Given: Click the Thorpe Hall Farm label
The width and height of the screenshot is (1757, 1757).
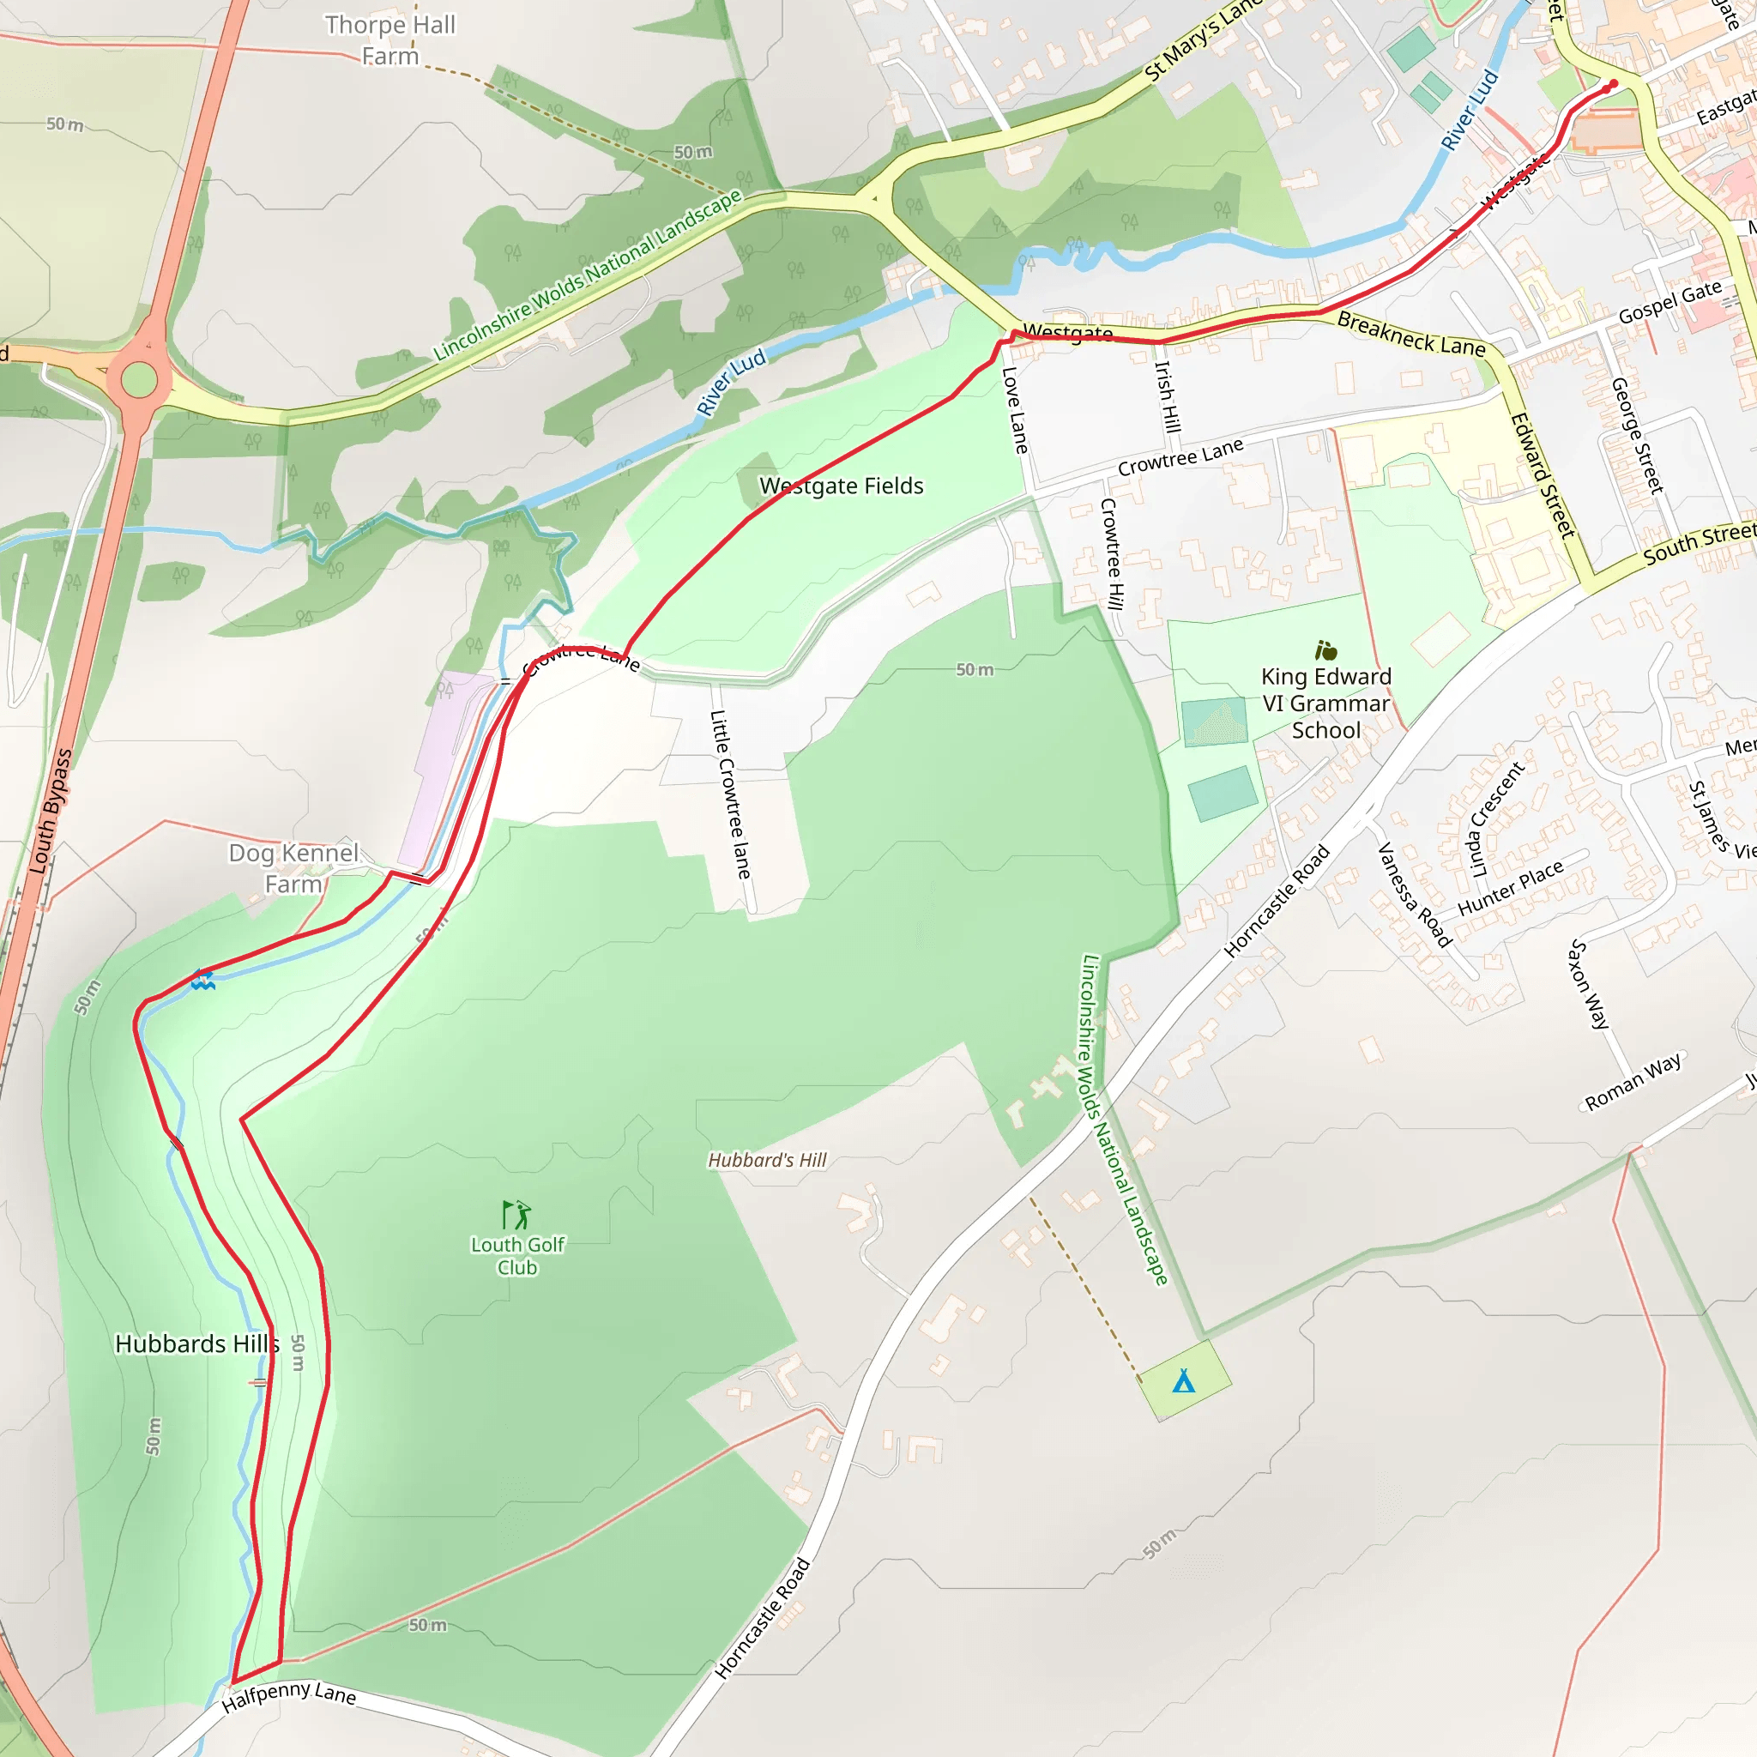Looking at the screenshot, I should tap(390, 41).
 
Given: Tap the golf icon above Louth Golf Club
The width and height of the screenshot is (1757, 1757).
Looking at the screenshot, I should tap(516, 1214).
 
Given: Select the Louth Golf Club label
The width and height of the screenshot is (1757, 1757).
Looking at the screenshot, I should tap(517, 1256).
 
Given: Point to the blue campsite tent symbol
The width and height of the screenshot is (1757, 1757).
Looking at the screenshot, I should tap(1183, 1381).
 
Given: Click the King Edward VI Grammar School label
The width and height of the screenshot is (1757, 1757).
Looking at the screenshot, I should tap(1326, 703).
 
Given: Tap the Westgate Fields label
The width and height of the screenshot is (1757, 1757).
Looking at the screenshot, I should tap(842, 486).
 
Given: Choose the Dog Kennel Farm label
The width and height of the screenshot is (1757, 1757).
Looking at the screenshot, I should tap(293, 868).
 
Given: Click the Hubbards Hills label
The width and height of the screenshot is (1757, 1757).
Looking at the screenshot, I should tap(196, 1344).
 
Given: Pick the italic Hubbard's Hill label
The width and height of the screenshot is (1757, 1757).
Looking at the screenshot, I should tap(768, 1161).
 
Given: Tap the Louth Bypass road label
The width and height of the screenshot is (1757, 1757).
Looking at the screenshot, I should tap(51, 812).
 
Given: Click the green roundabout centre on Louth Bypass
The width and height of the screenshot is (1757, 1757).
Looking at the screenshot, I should tap(139, 379).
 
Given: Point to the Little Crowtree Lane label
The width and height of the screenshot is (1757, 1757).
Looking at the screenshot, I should tap(731, 794).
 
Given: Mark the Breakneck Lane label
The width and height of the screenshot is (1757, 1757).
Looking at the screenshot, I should tap(1410, 334).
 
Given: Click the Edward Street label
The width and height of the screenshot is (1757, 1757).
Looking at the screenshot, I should tap(1543, 475).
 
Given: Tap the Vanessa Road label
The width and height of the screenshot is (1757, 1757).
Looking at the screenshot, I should tap(1414, 895).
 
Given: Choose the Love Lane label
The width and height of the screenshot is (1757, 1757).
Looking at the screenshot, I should tap(1015, 410).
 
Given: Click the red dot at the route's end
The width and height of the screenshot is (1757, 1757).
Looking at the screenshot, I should tap(1614, 85).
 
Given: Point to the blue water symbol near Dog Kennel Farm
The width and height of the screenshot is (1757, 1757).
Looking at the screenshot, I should tap(202, 981).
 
